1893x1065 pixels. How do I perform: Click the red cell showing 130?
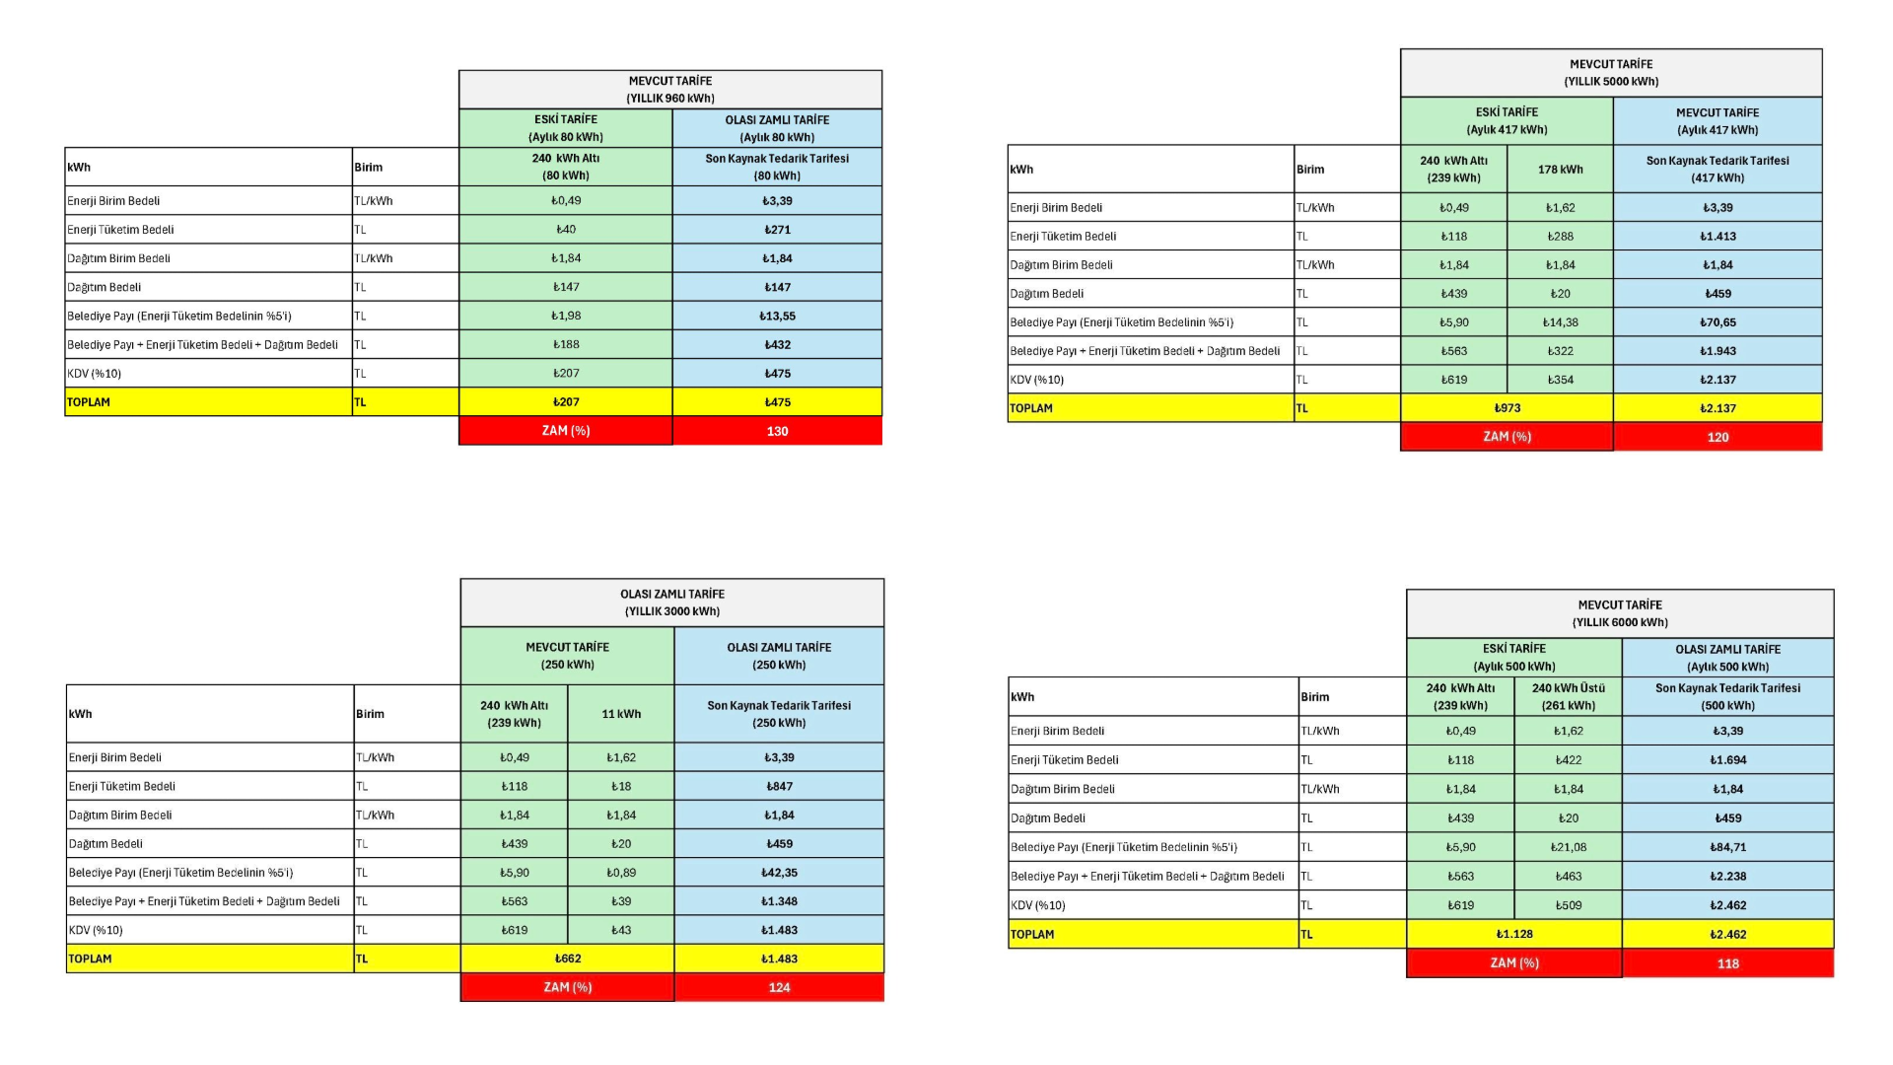(777, 431)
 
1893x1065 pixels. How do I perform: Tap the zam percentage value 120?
(1718, 437)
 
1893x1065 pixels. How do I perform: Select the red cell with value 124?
(779, 987)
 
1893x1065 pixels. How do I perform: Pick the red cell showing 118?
(1727, 963)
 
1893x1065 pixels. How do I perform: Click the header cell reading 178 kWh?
(1560, 170)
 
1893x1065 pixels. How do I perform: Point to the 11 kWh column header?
(621, 714)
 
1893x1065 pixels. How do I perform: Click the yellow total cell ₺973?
(1507, 408)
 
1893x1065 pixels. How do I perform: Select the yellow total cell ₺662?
(568, 958)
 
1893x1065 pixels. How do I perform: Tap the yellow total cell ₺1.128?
(1514, 934)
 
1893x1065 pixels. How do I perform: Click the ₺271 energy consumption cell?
(777, 230)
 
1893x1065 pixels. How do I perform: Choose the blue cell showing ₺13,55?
(777, 317)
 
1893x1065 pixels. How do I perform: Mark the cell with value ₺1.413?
(1718, 237)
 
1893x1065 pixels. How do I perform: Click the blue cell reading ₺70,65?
(1718, 322)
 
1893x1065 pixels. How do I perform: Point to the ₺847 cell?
(779, 787)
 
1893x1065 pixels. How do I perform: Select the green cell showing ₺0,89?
(621, 873)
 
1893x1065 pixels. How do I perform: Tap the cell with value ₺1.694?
(1727, 760)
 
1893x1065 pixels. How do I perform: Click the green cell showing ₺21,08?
(1568, 847)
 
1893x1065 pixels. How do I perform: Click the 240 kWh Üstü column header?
(1568, 696)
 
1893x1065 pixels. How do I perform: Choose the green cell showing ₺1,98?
(566, 317)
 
